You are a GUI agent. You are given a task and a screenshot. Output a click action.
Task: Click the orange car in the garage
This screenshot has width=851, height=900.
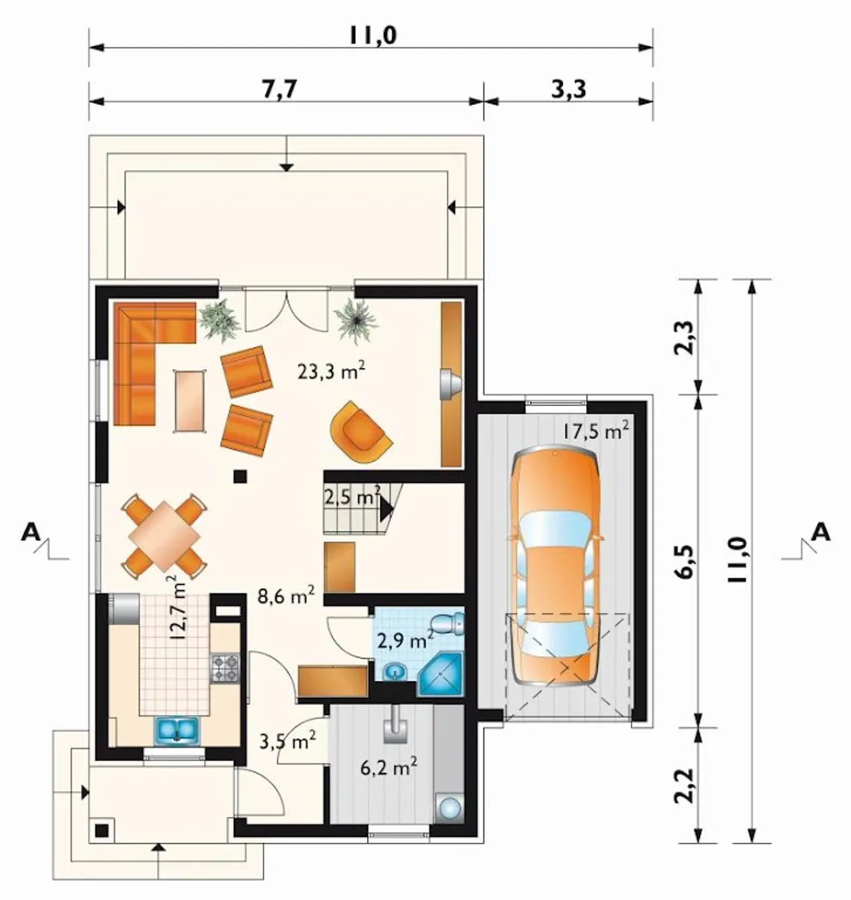click(554, 567)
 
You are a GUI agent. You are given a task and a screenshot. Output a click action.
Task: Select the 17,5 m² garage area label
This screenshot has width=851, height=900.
click(595, 431)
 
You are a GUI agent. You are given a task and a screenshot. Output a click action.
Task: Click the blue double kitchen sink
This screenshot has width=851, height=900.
click(178, 729)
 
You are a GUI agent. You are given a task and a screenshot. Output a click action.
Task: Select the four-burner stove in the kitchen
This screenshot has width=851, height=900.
click(225, 668)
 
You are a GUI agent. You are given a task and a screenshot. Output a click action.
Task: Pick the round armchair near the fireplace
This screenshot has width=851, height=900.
click(362, 432)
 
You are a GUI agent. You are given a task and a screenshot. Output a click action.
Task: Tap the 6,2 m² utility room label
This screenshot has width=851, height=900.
click(388, 768)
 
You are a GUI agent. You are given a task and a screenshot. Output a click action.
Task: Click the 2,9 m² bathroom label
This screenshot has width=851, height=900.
click(405, 641)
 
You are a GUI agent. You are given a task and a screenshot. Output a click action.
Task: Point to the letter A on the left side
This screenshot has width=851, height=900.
click(31, 532)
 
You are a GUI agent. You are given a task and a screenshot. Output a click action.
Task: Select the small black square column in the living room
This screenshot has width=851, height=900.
click(240, 477)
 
